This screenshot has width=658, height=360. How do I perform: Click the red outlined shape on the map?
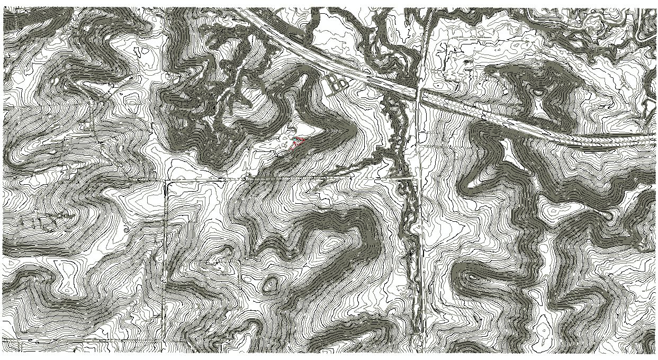coord(298,141)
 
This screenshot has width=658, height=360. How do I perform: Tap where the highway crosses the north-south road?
coord(418,94)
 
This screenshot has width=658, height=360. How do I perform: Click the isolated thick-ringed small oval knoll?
coord(270,285)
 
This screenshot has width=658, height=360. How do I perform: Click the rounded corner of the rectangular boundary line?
coord(167,183)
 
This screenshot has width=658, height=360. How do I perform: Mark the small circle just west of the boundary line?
coord(126,230)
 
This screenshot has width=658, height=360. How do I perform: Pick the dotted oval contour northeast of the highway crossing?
coord(439,85)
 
